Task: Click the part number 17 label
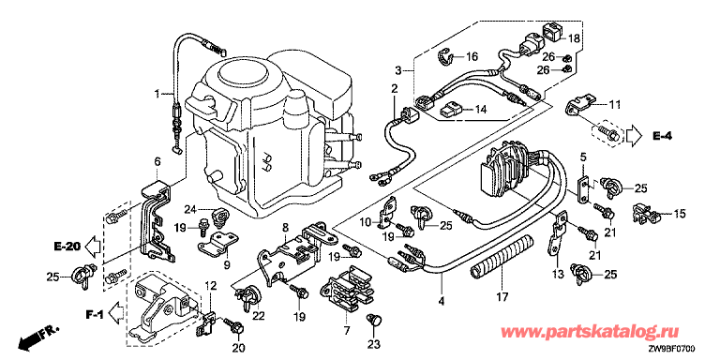(x=502, y=296)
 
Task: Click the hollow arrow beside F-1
(x=116, y=315)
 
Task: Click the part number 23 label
(x=376, y=344)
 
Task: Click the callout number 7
(x=347, y=330)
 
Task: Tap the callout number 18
(x=574, y=38)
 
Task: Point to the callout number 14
(x=480, y=110)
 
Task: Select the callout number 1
(x=157, y=94)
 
